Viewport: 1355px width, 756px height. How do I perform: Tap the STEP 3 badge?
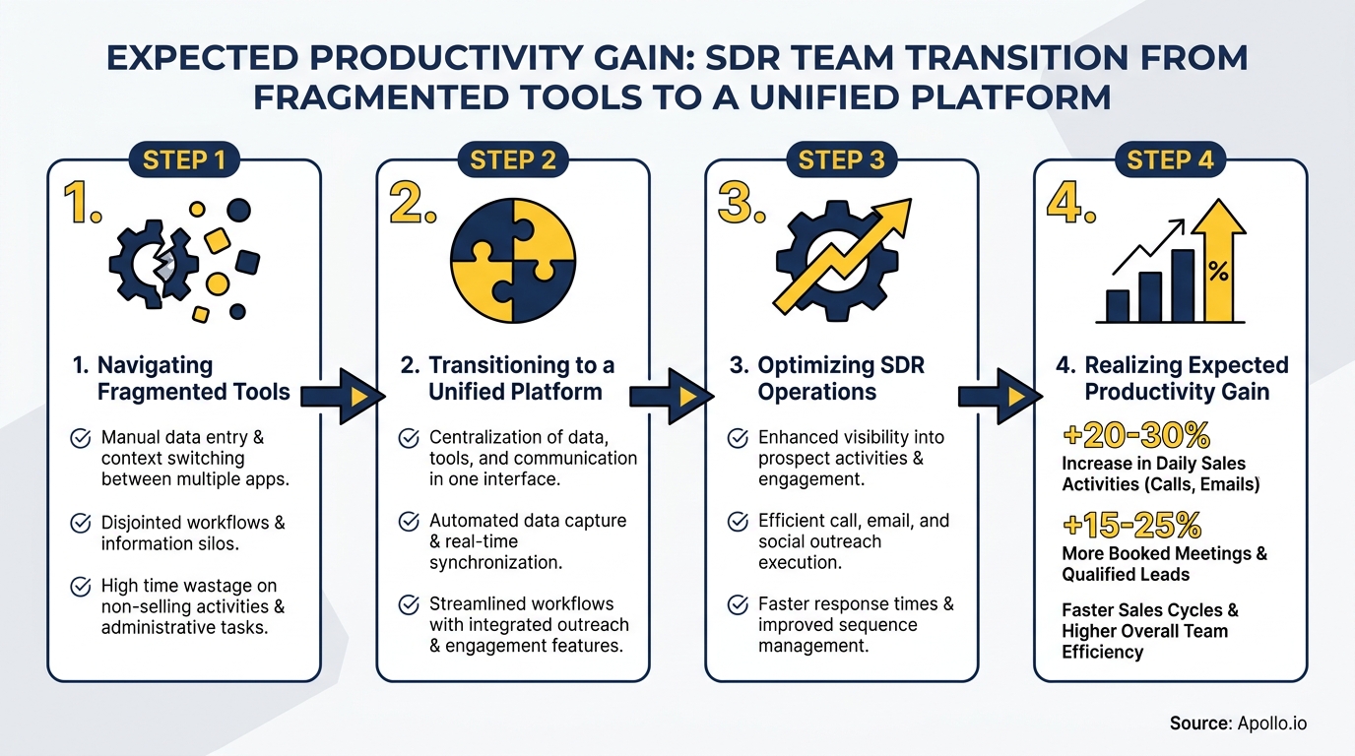(842, 159)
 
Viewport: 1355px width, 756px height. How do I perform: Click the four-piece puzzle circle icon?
(512, 260)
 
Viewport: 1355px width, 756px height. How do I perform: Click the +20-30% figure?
(1136, 435)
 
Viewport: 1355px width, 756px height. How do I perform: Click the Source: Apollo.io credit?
(1238, 724)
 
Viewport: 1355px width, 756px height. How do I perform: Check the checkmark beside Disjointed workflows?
(82, 524)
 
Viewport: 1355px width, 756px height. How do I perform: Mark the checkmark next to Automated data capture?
(409, 522)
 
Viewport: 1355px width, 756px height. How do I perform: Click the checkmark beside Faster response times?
(737, 604)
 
